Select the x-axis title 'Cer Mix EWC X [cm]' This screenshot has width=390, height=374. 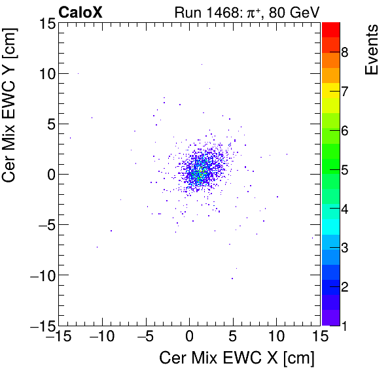(x=237, y=358)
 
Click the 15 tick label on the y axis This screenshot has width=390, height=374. (x=44, y=24)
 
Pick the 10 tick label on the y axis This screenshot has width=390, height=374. (x=44, y=73)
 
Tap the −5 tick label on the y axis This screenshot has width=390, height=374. (x=41, y=224)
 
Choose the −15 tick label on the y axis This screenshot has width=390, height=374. (x=38, y=325)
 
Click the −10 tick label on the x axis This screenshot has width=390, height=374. (x=101, y=337)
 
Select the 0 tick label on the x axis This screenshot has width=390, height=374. (x=190, y=337)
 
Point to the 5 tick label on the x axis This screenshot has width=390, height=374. (x=233, y=337)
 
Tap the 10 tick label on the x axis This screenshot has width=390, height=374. (x=277, y=337)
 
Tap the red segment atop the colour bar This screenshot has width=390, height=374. (x=330, y=29)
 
